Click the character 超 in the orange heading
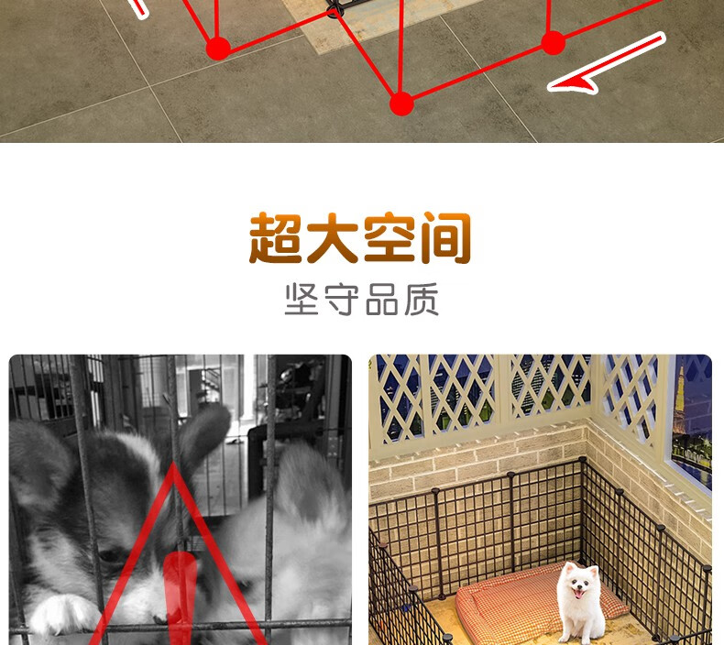pos(276,238)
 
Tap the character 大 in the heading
pos(333,238)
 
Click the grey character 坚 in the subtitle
pos(302,300)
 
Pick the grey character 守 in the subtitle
pos(342,300)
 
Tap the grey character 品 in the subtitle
pos(382,300)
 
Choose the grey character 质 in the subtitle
pos(422,300)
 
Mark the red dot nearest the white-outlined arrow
pos(554,43)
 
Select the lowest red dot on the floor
pos(401,104)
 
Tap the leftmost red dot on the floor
pos(218,49)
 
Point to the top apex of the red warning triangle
pos(173,463)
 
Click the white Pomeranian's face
pos(578,583)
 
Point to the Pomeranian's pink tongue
pos(577,594)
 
